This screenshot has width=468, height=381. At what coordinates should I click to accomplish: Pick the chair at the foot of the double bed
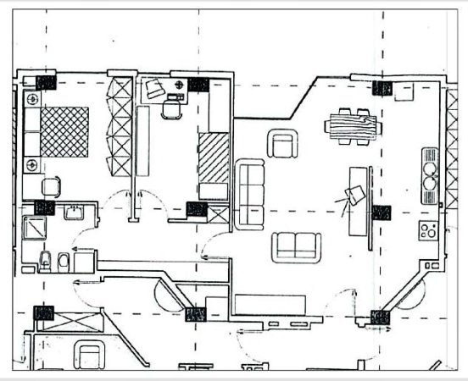click(x=52, y=185)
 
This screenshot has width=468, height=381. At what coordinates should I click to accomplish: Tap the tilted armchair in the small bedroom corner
click(x=154, y=89)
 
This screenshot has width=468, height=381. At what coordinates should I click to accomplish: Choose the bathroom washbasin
click(x=74, y=210)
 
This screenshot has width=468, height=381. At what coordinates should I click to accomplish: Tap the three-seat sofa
click(x=250, y=194)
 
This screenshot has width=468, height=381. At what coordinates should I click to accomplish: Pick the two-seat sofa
click(x=297, y=246)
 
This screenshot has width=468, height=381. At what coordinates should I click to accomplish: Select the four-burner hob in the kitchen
click(x=428, y=229)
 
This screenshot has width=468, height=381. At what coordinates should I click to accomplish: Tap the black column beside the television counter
click(x=382, y=213)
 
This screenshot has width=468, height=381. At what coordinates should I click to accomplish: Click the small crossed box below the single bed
click(x=218, y=214)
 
